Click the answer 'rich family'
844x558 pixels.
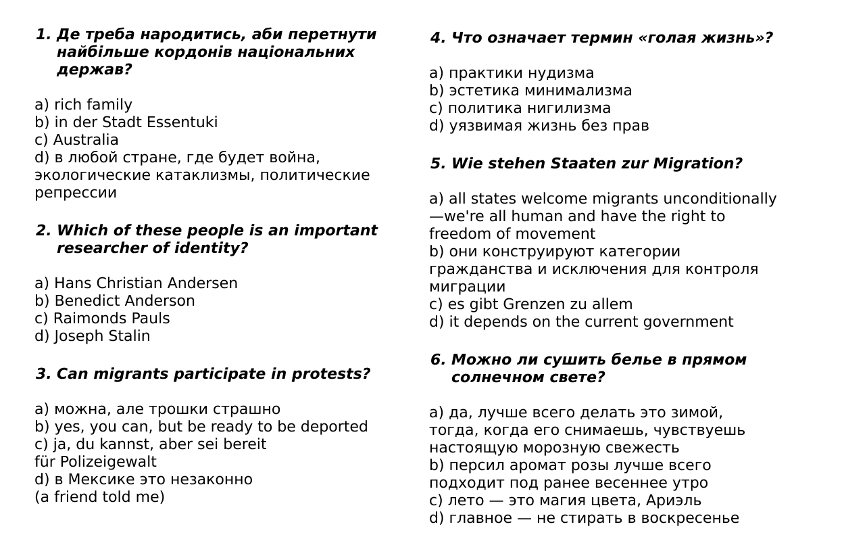coord(93,105)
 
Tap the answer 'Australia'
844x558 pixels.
coord(85,140)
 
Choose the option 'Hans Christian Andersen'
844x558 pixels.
coord(145,283)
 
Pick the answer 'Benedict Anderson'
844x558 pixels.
coord(124,301)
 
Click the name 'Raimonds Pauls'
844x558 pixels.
coord(111,319)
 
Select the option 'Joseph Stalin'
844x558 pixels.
coord(101,336)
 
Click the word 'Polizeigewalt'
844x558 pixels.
coord(108,462)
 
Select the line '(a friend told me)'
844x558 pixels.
coord(99,497)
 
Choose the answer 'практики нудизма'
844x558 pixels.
coord(520,73)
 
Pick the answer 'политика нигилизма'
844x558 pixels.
coord(528,108)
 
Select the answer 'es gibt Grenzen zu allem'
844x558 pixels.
coord(540,304)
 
